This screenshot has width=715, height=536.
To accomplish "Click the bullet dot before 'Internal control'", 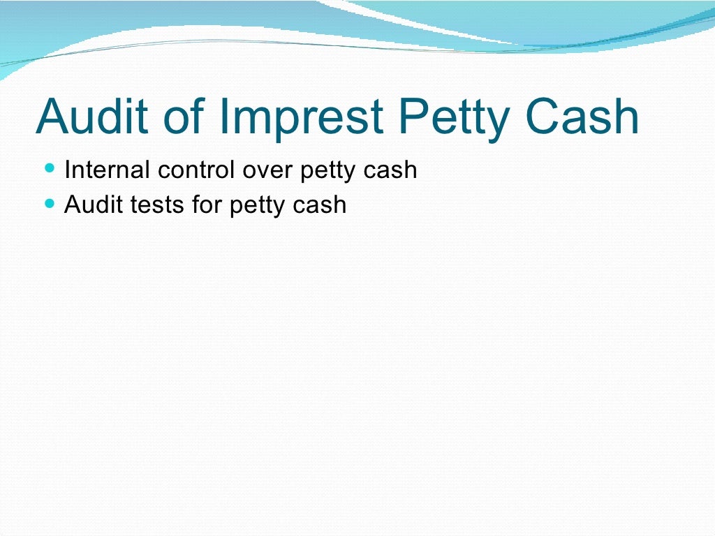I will [x=48, y=168].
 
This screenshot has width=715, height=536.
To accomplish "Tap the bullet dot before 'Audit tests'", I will [x=48, y=204].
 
